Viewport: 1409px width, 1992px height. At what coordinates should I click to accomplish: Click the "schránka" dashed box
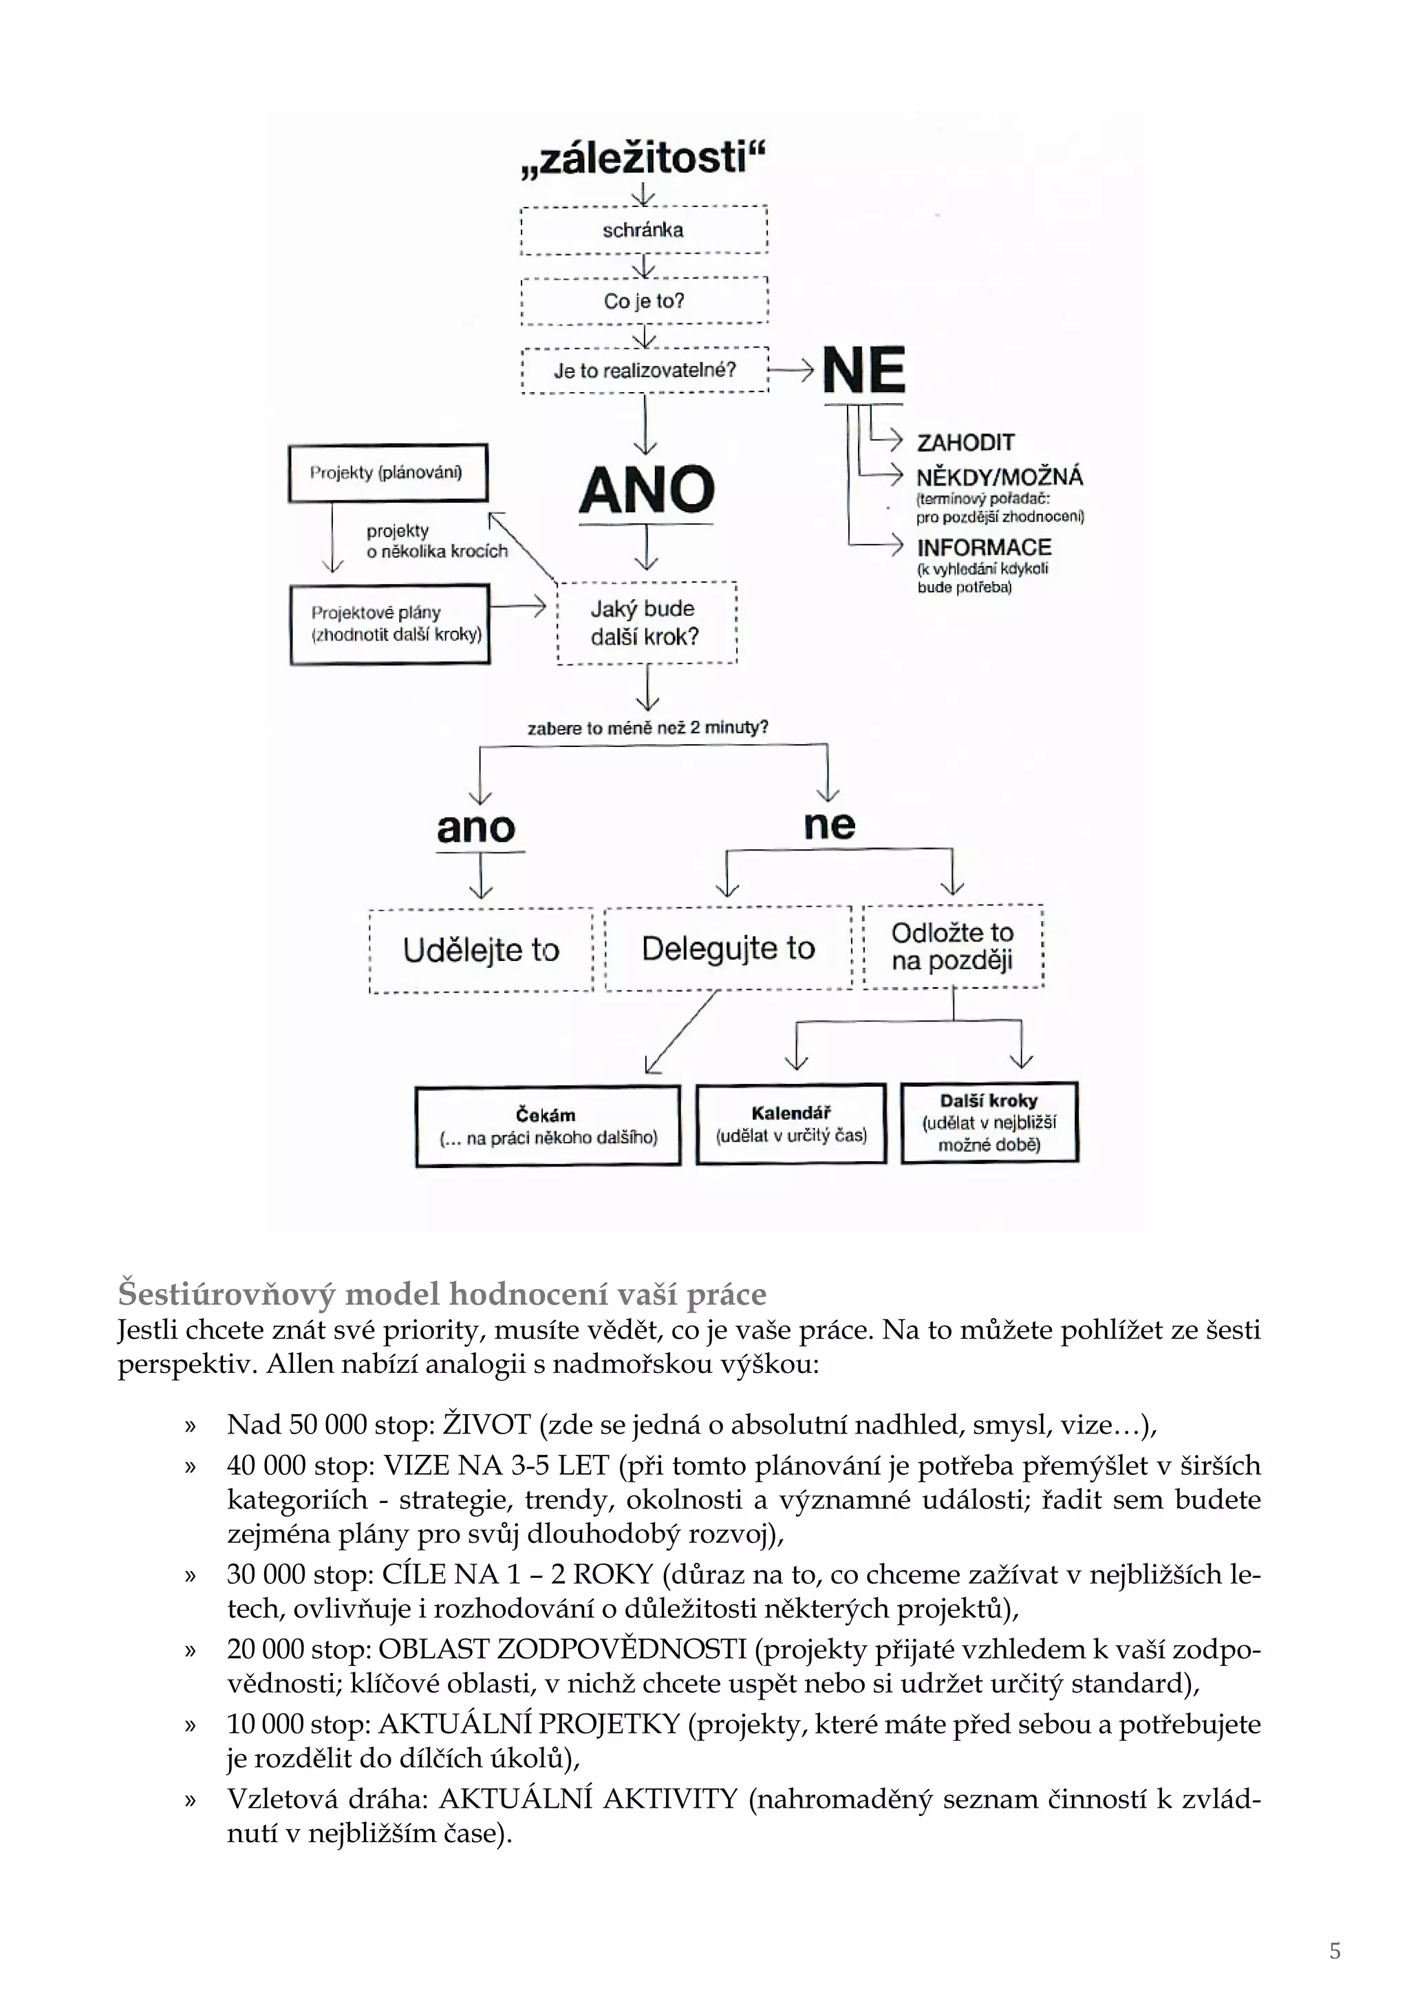point(644,230)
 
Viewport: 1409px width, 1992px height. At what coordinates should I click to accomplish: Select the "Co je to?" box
point(644,301)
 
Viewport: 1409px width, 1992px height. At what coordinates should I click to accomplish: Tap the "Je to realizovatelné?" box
point(645,371)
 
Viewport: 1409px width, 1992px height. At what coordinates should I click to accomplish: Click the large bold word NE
point(863,371)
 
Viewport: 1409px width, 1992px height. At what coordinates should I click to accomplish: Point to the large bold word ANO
point(647,490)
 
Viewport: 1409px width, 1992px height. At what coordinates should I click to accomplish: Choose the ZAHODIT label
point(966,442)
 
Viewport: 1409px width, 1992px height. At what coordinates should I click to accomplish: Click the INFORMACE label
point(984,548)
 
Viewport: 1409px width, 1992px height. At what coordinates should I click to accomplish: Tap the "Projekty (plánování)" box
point(388,473)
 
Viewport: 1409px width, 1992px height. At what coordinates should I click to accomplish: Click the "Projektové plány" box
point(389,624)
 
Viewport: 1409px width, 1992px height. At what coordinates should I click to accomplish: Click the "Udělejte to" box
point(481,950)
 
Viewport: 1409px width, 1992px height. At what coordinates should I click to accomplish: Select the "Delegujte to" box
point(728,949)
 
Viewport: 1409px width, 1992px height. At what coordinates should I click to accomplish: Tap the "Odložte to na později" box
point(953,946)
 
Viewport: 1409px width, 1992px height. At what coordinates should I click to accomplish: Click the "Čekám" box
point(548,1125)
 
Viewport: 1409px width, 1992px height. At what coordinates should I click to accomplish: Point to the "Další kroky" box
point(989,1122)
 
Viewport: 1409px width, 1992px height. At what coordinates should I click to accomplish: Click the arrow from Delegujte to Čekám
point(681,1032)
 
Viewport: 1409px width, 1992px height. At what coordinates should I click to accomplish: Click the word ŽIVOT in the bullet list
point(486,1425)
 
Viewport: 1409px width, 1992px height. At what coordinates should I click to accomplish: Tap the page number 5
point(1335,1951)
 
